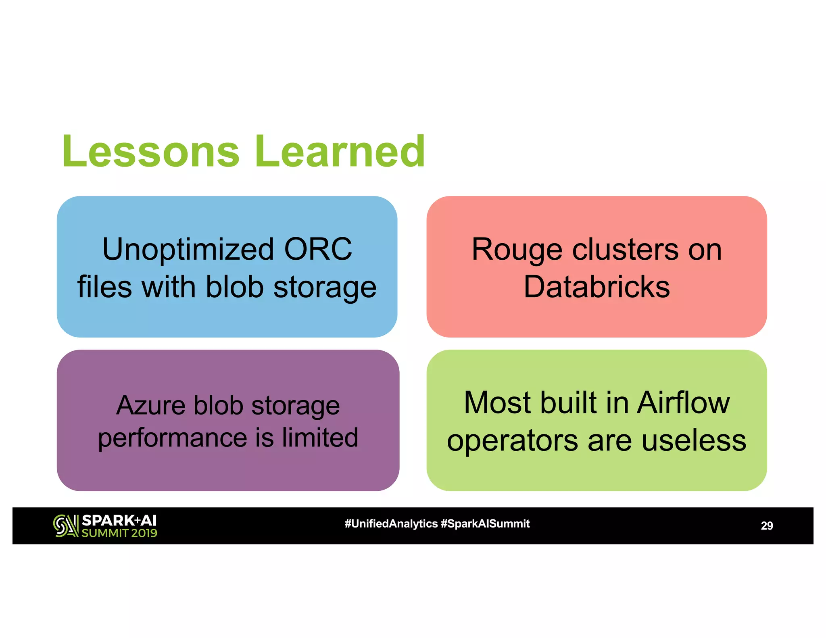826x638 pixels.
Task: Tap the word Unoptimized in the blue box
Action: coord(188,249)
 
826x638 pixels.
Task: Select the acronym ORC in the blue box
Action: coord(318,249)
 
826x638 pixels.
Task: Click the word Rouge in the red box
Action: coord(517,250)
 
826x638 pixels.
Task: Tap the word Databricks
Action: coord(597,287)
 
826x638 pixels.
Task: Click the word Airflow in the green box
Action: coord(683,402)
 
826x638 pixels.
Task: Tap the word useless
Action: coord(694,440)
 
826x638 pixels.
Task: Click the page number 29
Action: coord(766,526)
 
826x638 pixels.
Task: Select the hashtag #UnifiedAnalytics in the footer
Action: coord(391,524)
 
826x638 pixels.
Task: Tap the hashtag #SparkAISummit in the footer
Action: coord(485,524)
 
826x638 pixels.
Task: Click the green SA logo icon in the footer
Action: coord(66,526)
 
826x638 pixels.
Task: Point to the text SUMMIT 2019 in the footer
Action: coord(119,533)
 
